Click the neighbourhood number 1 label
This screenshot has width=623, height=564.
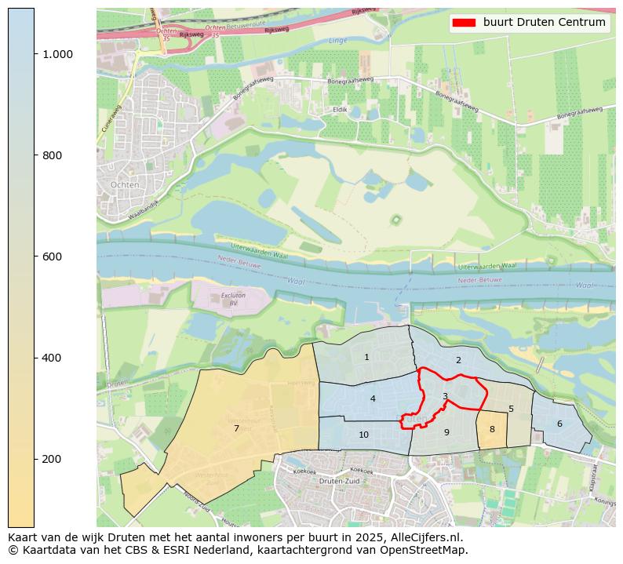pyautogui.click(x=366, y=358)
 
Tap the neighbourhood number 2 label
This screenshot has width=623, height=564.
pyautogui.click(x=458, y=361)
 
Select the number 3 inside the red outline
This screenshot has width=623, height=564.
pyautogui.click(x=445, y=397)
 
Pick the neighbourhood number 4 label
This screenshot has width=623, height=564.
pyautogui.click(x=373, y=399)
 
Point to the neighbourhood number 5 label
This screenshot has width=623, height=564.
pyautogui.click(x=511, y=409)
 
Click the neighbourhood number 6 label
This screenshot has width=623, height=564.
pyautogui.click(x=559, y=424)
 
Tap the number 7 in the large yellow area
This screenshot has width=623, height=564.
pyautogui.click(x=236, y=429)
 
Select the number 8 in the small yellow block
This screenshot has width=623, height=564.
pyautogui.click(x=492, y=430)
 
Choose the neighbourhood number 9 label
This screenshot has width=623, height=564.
pyautogui.click(x=446, y=433)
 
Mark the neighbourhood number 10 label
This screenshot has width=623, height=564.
pyautogui.click(x=364, y=435)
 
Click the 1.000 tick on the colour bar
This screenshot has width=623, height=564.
pyautogui.click(x=57, y=54)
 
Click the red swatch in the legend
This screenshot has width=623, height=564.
pyautogui.click(x=465, y=23)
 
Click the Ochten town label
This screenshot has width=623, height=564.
pyautogui.click(x=126, y=185)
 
